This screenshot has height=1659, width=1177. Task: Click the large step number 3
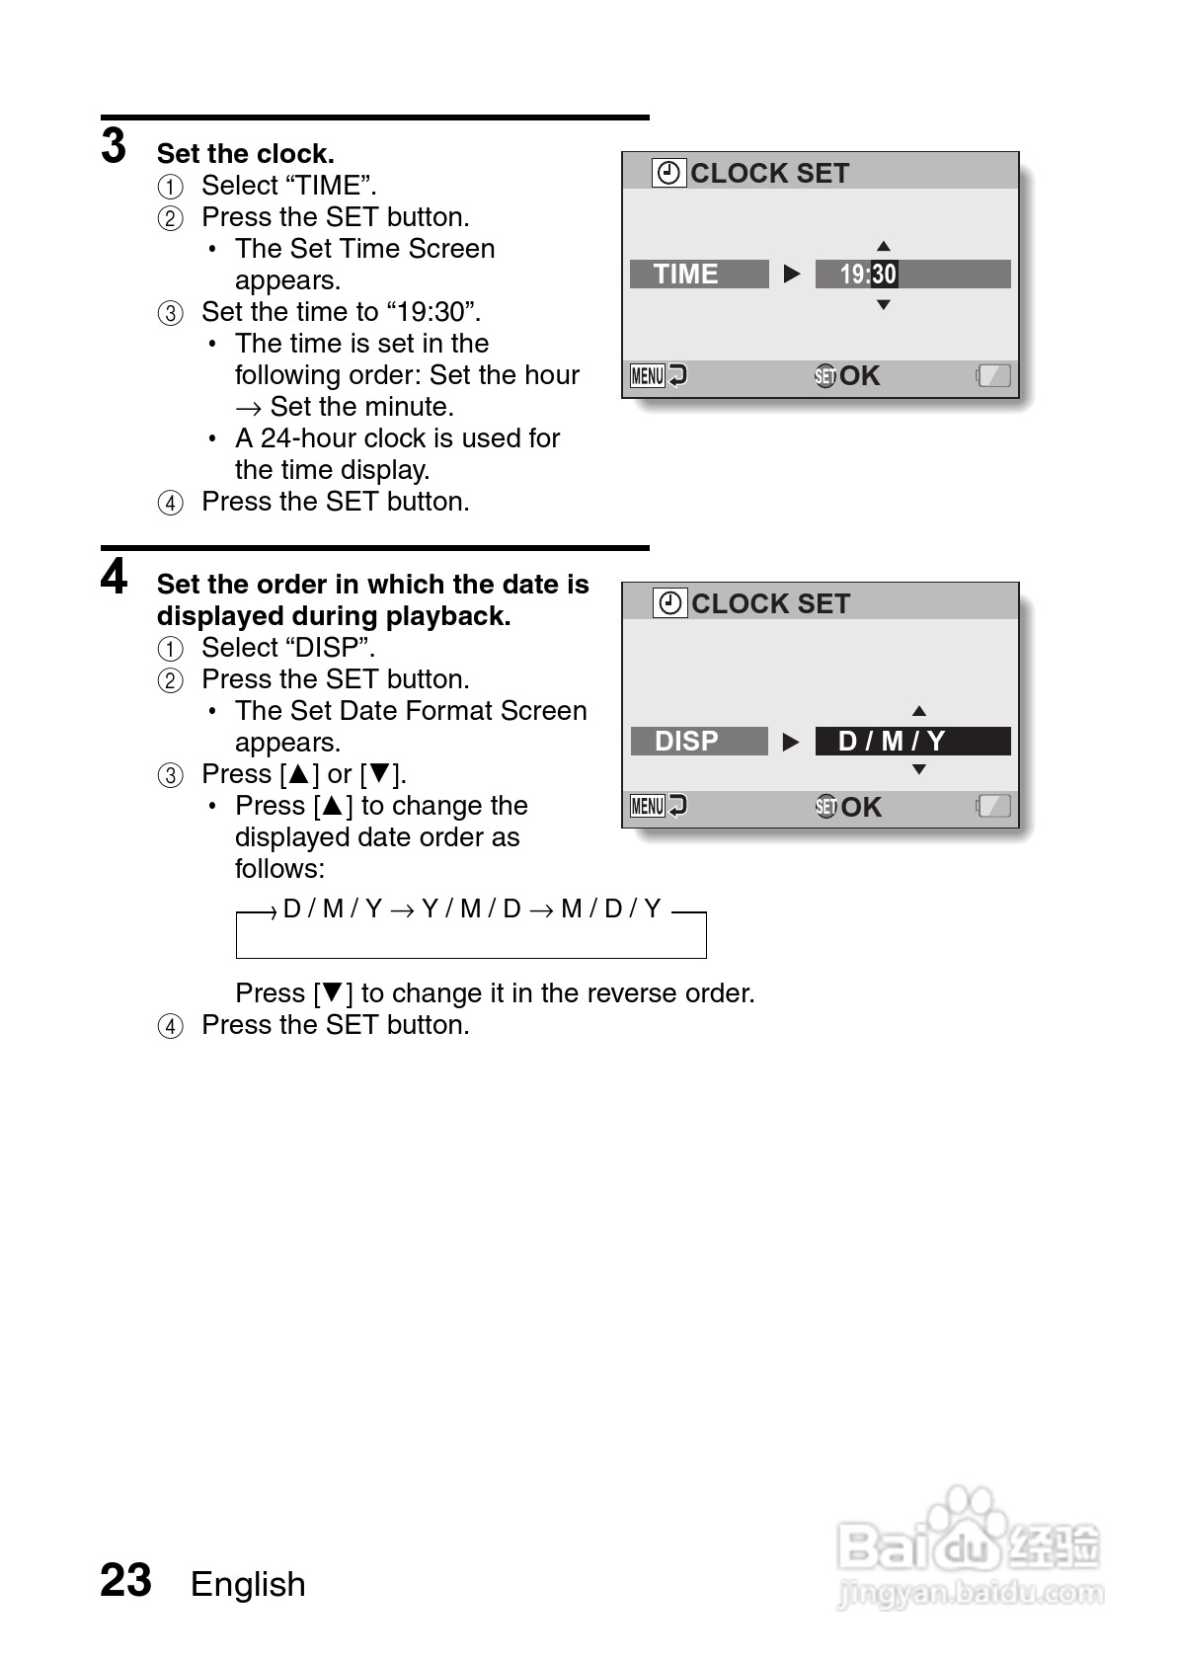[x=114, y=146]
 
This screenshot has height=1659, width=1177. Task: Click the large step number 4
[x=114, y=577]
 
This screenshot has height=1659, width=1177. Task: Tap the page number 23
[x=125, y=1580]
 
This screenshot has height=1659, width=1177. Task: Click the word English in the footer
[x=248, y=1584]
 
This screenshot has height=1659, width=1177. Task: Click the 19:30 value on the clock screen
[x=868, y=275]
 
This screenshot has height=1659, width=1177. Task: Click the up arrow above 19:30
[x=884, y=246]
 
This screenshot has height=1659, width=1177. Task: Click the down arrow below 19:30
[x=884, y=305]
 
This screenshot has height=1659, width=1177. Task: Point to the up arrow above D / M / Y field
[x=919, y=711]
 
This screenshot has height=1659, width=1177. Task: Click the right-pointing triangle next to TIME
[x=792, y=274]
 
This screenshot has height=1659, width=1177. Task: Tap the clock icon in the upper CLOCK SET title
[x=668, y=173]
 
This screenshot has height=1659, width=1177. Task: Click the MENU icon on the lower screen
[x=648, y=807]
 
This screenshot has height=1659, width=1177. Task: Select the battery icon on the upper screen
[x=994, y=375]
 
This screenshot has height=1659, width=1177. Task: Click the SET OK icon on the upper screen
[x=847, y=375]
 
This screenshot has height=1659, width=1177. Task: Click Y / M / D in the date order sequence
[x=471, y=908]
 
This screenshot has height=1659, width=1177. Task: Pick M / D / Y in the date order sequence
[x=610, y=908]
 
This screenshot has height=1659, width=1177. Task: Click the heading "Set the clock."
[x=245, y=154]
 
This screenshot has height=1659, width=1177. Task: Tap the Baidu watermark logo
[x=969, y=1545]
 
